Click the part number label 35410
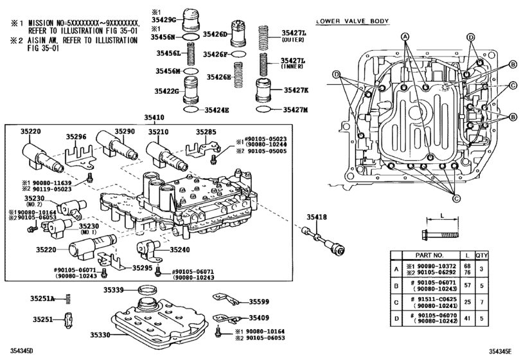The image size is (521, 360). tap(154, 118)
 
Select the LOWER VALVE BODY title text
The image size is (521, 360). tap(352, 21)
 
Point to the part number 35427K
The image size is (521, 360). tap(294, 90)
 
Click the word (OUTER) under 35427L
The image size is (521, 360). tap(293, 39)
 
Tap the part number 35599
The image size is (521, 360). tap(260, 301)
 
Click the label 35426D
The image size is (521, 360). tap(217, 33)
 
